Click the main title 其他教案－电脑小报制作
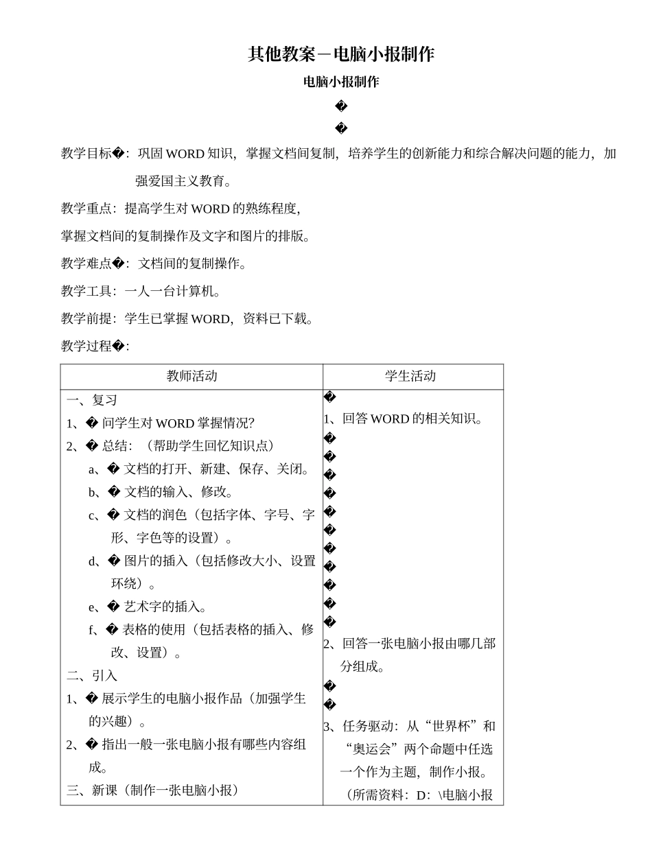point(341,55)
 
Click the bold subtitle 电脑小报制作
point(341,82)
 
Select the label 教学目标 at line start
point(86,154)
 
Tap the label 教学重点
point(86,209)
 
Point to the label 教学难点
point(86,263)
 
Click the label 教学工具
point(86,291)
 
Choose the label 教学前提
point(86,318)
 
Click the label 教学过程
point(86,346)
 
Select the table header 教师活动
point(191,376)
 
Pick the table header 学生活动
point(410,376)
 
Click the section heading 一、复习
point(92,400)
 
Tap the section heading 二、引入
point(92,675)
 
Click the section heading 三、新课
point(92,790)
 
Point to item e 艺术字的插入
point(165,607)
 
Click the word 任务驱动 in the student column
point(368,726)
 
